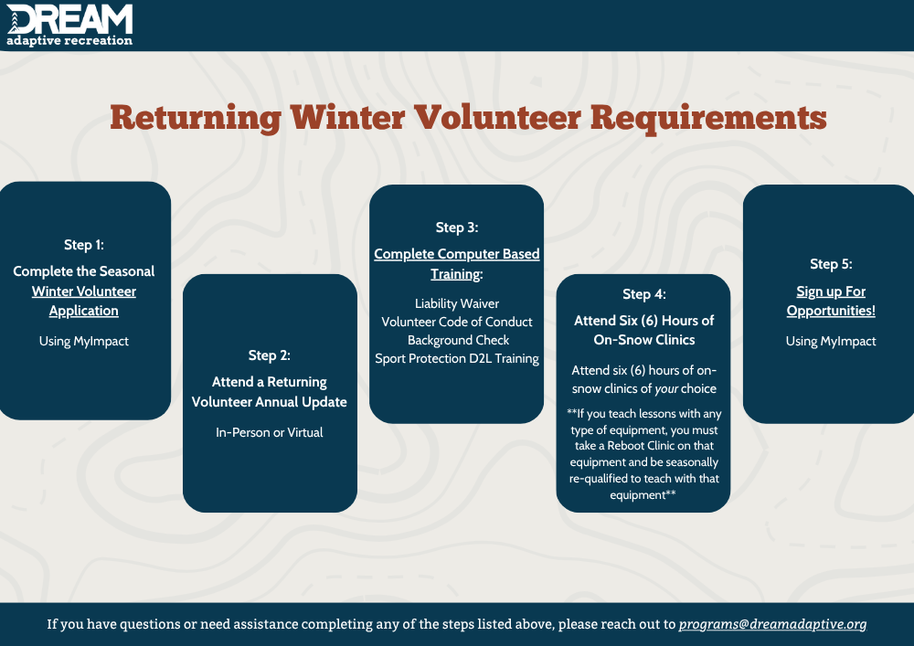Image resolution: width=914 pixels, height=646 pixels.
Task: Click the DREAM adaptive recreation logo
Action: (69, 25)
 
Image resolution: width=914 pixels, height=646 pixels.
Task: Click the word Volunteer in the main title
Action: (497, 117)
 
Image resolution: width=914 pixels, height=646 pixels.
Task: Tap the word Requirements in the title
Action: (708, 118)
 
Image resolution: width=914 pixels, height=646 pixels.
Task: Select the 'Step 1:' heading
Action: (84, 245)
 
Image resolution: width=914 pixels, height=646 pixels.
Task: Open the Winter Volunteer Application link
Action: (84, 301)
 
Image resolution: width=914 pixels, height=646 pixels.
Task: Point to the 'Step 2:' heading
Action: (270, 355)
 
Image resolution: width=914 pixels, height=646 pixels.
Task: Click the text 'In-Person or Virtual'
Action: (270, 432)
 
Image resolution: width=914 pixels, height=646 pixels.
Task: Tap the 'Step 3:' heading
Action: (457, 228)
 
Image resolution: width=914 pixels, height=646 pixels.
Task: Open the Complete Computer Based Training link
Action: (457, 264)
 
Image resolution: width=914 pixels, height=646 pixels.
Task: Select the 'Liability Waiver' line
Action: (457, 303)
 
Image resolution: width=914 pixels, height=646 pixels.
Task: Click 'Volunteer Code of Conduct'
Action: (457, 322)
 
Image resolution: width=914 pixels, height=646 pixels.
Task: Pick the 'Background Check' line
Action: (458, 340)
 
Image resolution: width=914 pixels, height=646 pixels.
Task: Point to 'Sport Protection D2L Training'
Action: (457, 358)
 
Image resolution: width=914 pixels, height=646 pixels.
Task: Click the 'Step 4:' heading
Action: (644, 294)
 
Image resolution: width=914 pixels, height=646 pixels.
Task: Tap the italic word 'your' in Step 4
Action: (665, 389)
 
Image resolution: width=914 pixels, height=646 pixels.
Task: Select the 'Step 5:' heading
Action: (831, 264)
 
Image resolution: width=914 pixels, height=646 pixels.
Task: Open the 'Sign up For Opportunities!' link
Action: (831, 301)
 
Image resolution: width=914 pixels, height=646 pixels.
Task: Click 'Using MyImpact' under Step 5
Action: (831, 341)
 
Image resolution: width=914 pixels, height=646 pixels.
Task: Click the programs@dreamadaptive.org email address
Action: (773, 624)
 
